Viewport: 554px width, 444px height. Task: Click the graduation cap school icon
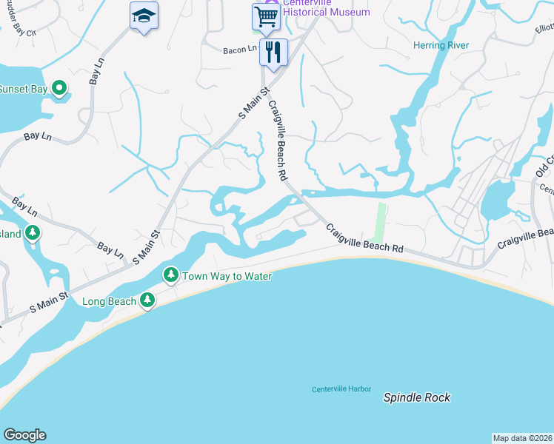144,16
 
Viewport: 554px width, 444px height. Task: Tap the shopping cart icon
266,16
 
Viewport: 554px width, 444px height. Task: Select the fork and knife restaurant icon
273,53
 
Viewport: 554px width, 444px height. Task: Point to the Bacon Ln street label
240,50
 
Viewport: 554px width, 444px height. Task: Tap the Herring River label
441,45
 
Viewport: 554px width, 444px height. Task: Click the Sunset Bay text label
22,90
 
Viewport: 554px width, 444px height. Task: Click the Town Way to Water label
227,276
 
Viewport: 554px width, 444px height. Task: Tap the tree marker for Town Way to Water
171,275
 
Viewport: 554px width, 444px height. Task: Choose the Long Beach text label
109,301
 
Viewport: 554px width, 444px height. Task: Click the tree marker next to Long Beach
148,300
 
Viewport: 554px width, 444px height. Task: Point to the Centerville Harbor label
341,389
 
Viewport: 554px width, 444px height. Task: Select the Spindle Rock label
416,397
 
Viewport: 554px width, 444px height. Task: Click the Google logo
24,435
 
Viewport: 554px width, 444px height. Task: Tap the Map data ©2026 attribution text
522,438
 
